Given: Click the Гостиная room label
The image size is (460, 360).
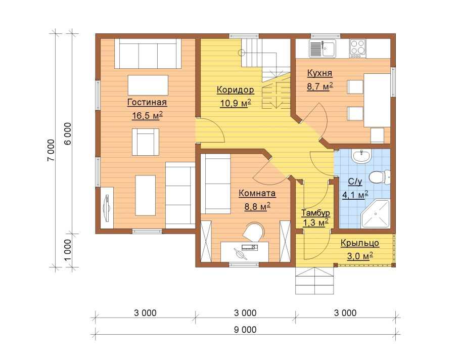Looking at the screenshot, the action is [147, 102].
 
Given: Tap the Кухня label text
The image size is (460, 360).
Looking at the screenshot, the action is [319, 73].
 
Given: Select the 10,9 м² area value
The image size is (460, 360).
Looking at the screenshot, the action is [236, 103].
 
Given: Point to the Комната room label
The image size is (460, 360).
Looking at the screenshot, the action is [257, 193].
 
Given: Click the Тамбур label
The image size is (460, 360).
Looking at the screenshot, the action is [315, 213].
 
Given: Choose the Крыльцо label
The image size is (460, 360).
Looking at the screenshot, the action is [360, 243].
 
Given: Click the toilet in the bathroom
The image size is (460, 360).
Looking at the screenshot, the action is [379, 177].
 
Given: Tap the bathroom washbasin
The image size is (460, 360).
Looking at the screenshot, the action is [362, 156].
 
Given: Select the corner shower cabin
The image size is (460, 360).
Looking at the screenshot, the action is [375, 214].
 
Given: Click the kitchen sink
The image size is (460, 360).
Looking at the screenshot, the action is [323, 49].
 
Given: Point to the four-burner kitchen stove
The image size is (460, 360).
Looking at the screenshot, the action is [357, 49].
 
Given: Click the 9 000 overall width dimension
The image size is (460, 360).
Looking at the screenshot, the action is [245, 330].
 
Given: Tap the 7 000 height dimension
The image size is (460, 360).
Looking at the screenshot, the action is [51, 150].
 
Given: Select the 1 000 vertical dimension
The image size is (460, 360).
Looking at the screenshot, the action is [67, 250].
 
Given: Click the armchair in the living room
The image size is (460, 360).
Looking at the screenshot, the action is [145, 142].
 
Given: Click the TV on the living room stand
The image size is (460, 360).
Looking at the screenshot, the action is [107, 208].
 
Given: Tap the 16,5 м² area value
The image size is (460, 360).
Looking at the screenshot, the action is [147, 115].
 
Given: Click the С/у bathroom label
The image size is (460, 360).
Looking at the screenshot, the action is [355, 182].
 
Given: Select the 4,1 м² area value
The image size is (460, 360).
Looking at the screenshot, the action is [355, 195].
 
